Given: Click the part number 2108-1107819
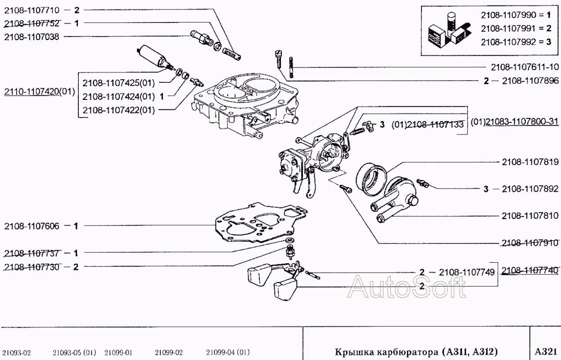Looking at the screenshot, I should click(x=530, y=162).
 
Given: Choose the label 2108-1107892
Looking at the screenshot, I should click(x=530, y=189).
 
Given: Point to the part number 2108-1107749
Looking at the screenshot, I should click(x=467, y=272).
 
